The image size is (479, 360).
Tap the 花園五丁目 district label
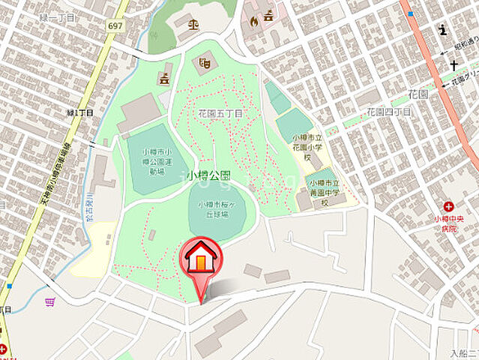(x=220, y=113)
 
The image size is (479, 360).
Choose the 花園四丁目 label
(x=388, y=112)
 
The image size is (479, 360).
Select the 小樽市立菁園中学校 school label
(x=326, y=193)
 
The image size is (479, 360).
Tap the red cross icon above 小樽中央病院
(x=448, y=206)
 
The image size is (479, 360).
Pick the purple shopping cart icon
(x=50, y=301)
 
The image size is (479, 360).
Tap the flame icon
(x=255, y=20)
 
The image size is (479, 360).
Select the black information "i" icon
(x=443, y=31)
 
